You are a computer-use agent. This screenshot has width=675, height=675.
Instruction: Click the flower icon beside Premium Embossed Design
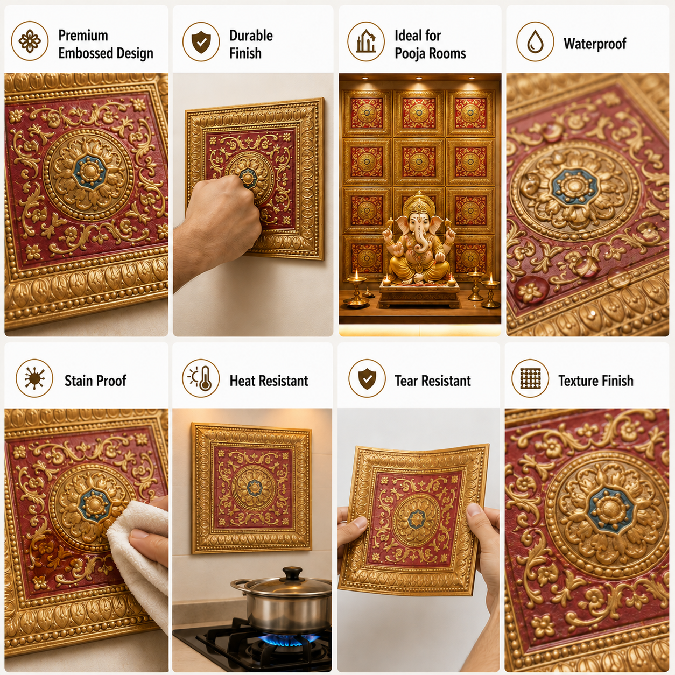pos(30,41)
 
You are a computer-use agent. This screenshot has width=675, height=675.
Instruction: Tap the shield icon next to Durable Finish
pos(201,41)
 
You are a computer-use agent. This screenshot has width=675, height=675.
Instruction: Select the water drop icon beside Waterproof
pos(535,41)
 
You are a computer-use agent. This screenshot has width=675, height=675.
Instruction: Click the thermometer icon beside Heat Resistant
pos(201,378)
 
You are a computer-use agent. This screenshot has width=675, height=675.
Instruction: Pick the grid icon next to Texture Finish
pos(530,378)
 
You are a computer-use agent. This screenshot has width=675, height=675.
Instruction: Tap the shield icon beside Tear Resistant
pos(367,378)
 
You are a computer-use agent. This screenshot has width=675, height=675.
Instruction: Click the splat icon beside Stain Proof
pos(34,378)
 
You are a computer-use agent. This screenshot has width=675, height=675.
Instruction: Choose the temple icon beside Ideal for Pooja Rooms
pos(365,41)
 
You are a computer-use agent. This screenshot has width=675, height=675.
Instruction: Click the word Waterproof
pos(595,44)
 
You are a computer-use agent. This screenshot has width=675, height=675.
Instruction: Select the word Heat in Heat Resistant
pos(242,381)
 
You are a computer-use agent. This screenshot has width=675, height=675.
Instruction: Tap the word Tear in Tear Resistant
pos(406,381)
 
